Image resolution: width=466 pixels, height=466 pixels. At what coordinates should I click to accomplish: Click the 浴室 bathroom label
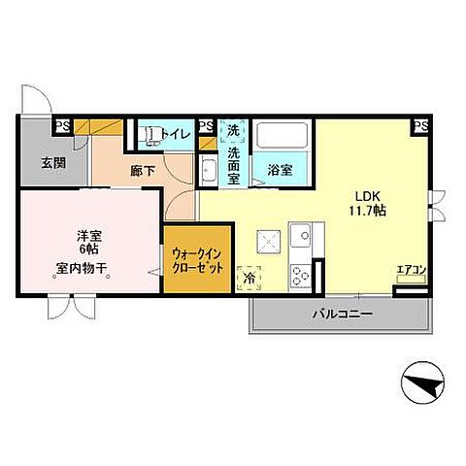point(281,169)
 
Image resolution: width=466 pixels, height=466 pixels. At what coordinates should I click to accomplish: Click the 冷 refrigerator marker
point(250,277)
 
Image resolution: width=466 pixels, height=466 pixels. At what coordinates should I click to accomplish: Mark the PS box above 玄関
point(61,125)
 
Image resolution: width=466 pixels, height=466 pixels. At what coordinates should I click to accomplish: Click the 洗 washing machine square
point(234,130)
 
